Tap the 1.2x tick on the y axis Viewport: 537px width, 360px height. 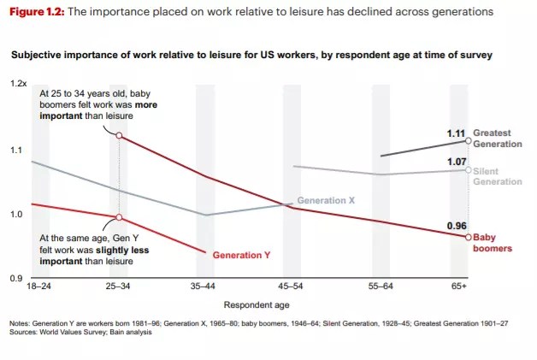tap(19, 84)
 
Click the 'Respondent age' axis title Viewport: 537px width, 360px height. tap(257, 304)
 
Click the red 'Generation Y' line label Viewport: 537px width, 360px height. tap(241, 256)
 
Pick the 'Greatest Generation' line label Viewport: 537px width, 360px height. tap(497, 139)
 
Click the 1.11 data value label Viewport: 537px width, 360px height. tap(456, 133)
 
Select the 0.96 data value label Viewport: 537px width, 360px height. tap(456, 226)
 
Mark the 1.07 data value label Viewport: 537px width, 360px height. tap(456, 161)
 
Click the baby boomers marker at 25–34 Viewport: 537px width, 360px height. tap(119, 135)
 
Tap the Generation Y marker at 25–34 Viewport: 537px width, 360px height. tap(119, 217)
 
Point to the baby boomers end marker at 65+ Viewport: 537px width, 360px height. tap(468, 237)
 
